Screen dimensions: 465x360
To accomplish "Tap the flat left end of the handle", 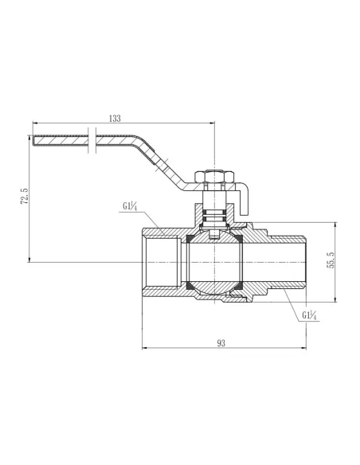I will tap(35, 143).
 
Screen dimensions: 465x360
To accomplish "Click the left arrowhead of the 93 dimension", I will tap(145, 348).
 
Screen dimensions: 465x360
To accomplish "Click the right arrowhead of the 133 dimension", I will tap(213, 123).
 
